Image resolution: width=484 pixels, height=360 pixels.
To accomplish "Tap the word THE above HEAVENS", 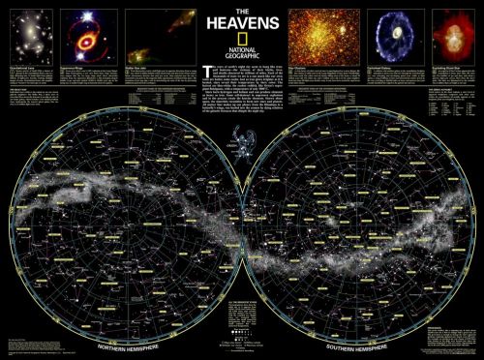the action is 241,10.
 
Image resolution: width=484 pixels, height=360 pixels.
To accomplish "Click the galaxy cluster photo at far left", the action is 30,35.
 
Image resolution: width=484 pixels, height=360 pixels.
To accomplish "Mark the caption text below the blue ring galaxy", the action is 391,75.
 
